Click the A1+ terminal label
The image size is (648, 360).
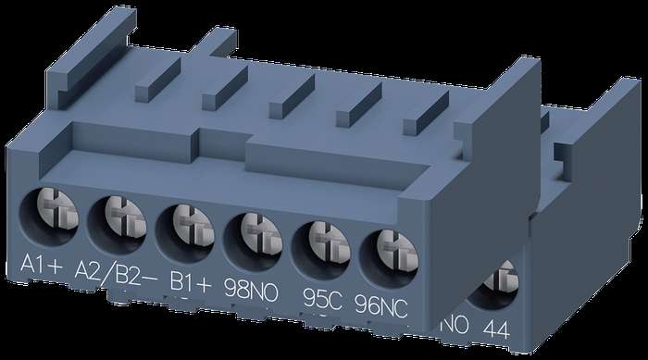[x=42, y=264]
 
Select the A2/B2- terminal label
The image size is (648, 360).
[x=116, y=275]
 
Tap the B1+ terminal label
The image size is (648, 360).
[x=191, y=283]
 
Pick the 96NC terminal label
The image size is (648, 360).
[x=381, y=305]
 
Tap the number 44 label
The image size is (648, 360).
[x=496, y=329]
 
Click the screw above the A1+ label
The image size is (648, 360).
[x=57, y=209]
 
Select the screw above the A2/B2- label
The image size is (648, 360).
[x=125, y=217]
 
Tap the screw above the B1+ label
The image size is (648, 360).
[x=193, y=226]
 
